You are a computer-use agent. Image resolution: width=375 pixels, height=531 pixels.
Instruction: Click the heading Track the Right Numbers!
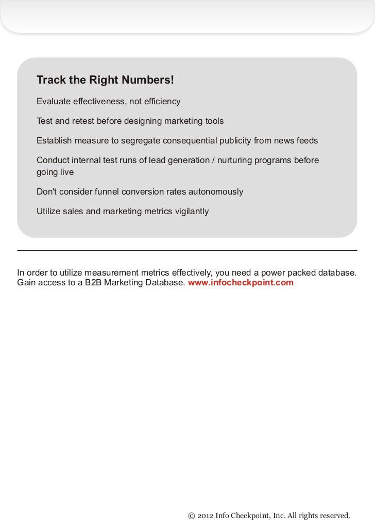pos(106,81)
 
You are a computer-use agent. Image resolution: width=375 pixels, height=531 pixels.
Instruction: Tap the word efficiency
pos(160,101)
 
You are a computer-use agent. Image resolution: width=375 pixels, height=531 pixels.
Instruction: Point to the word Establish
pos(54,141)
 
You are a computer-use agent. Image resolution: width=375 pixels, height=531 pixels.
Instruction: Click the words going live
pos(55,172)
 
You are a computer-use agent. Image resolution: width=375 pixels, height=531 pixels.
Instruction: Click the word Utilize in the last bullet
pos(48,211)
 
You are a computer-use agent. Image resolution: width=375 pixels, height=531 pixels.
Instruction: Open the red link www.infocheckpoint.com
pos(241,283)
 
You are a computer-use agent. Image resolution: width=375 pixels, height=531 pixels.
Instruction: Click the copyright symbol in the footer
pos(192,516)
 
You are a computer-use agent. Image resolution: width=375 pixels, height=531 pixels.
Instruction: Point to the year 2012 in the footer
pos(205,516)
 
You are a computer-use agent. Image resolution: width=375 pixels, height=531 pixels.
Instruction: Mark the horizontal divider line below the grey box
pos(187,251)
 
